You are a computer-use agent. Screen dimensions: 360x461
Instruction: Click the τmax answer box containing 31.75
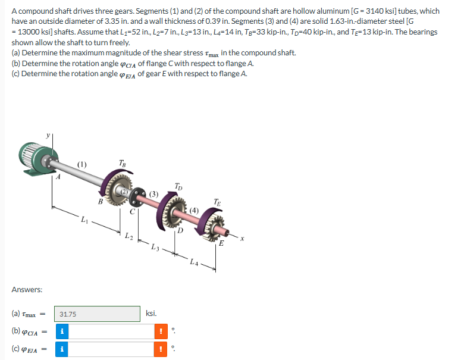98,314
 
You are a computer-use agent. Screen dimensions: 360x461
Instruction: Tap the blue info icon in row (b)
62,331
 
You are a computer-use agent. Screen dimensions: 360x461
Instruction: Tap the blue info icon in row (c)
62,349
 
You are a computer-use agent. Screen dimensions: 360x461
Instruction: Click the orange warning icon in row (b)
159,331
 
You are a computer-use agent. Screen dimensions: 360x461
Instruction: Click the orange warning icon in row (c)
159,349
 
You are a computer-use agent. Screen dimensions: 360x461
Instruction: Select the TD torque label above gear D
179,186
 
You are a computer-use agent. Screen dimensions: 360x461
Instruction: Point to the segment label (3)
153,193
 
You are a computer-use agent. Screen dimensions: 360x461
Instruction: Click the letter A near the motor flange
58,176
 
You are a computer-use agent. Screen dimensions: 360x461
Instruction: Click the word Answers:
27,290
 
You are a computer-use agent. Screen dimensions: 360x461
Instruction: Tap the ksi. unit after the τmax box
152,313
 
